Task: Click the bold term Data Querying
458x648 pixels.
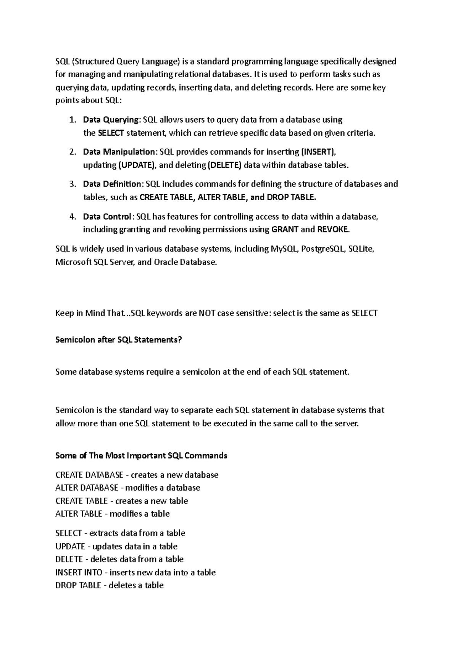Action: pyautogui.click(x=111, y=120)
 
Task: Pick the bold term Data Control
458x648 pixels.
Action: pyautogui.click(x=107, y=217)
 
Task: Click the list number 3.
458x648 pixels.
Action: pyautogui.click(x=73, y=184)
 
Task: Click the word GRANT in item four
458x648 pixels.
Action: pyautogui.click(x=285, y=230)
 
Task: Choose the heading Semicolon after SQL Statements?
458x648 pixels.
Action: pyautogui.click(x=119, y=340)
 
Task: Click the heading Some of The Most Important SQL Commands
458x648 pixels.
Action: pyautogui.click(x=141, y=455)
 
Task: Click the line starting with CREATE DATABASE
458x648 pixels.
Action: pyautogui.click(x=137, y=475)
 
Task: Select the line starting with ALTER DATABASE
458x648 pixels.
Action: pyautogui.click(x=127, y=488)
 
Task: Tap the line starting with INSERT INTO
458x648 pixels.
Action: pyautogui.click(x=135, y=572)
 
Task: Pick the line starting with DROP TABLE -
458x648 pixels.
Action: pyautogui.click(x=109, y=585)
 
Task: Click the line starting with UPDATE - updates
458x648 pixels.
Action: pyautogui.click(x=116, y=546)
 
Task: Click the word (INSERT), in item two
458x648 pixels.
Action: pyautogui.click(x=319, y=152)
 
